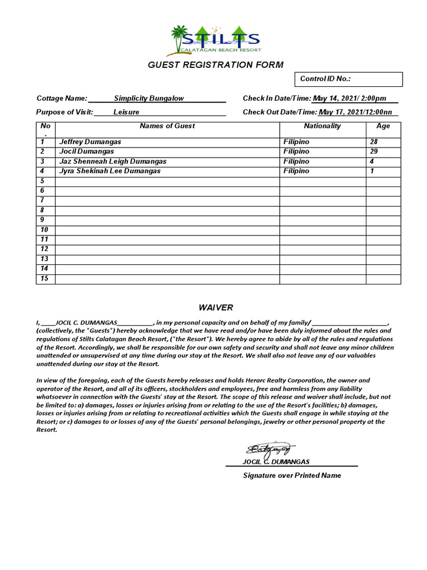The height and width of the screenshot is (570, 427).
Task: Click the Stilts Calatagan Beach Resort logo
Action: (215, 40)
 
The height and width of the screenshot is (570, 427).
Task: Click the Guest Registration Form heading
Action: (215, 65)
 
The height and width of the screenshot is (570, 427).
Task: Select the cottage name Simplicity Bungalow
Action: (148, 99)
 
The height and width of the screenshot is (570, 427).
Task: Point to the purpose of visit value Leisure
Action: (126, 112)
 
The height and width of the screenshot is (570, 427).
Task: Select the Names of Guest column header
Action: (167, 126)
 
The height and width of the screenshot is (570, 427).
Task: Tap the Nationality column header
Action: (322, 126)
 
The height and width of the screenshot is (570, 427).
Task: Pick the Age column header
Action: (383, 126)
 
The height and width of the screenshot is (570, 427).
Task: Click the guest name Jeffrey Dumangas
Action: (90, 142)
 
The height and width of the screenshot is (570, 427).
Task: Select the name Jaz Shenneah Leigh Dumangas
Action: (113, 161)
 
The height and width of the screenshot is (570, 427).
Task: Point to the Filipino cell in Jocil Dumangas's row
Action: (296, 151)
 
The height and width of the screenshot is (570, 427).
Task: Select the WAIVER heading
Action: (216, 308)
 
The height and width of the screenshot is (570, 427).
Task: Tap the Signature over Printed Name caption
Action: (292, 475)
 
